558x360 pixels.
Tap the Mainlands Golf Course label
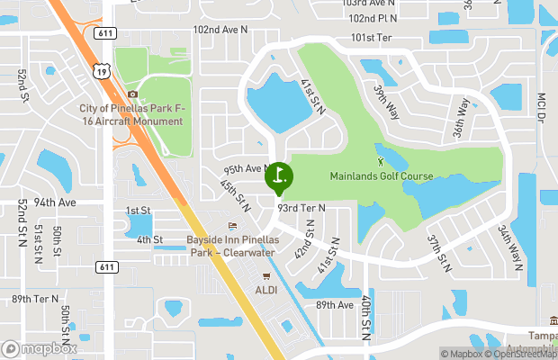[381, 175]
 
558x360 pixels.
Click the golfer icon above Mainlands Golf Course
[380, 161]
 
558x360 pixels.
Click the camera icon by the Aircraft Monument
[133, 94]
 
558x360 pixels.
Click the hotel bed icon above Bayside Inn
[232, 225]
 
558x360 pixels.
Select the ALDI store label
[265, 291]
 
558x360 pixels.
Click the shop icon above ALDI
[265, 276]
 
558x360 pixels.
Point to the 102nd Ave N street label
[220, 30]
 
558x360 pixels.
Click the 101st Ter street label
[372, 38]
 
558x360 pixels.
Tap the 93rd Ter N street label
[301, 207]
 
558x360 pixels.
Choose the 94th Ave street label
[56, 202]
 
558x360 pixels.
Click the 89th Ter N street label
[35, 299]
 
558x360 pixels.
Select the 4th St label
[149, 239]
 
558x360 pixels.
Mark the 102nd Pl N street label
[373, 18]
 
